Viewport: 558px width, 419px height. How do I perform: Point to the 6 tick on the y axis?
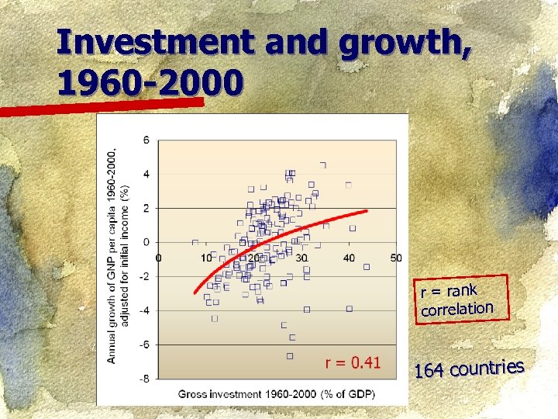146,140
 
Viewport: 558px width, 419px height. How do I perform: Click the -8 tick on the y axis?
144,379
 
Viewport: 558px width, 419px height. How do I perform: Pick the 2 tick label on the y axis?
146,208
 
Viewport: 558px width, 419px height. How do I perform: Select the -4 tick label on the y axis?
144,310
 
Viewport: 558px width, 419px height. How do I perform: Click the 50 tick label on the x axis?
396,258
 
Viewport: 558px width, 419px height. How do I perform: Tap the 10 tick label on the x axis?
206,258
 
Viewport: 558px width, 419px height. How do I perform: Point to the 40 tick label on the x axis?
349,258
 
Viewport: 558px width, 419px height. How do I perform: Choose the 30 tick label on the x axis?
301,258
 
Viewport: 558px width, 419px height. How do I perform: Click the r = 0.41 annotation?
353,362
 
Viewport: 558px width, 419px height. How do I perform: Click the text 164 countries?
469,369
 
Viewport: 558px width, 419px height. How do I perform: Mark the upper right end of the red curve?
366,210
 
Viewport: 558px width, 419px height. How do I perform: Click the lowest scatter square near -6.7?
290,355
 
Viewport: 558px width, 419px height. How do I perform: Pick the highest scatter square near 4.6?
323,164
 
